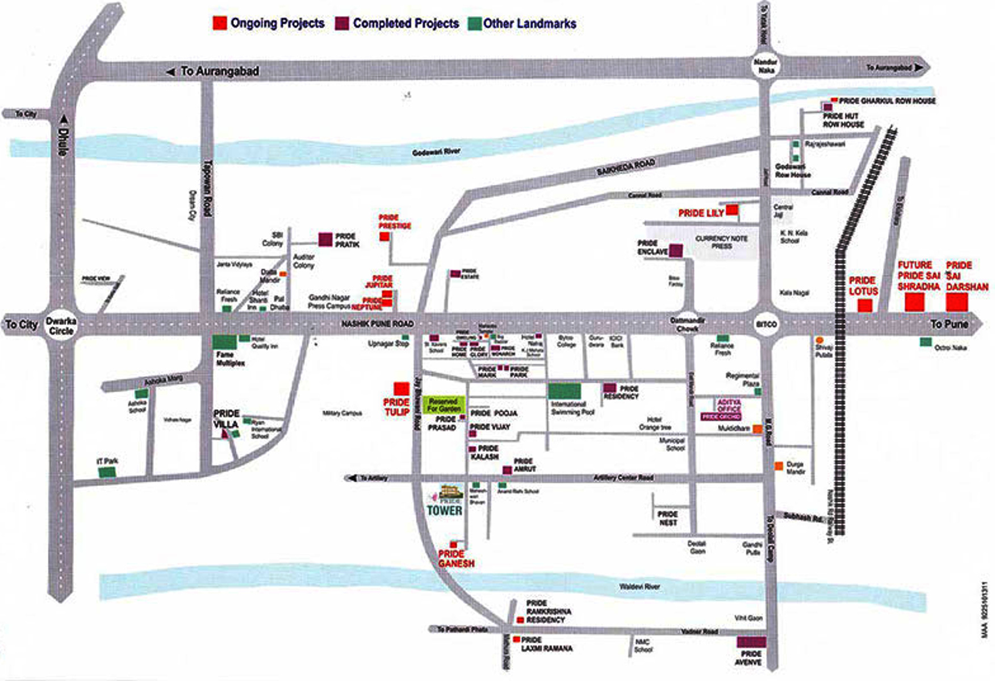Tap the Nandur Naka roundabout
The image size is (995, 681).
(x=765, y=66)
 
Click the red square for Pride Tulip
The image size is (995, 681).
(x=402, y=389)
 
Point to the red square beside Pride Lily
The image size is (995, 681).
(x=733, y=210)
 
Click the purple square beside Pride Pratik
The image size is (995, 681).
(x=325, y=239)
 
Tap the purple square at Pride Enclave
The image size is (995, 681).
(x=675, y=250)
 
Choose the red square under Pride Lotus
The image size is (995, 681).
(x=864, y=305)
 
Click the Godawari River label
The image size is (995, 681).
(x=436, y=152)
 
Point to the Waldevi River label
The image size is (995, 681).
(x=639, y=586)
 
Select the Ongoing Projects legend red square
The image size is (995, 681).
(x=220, y=23)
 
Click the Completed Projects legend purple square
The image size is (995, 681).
(x=342, y=24)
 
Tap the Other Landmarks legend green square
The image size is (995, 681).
(x=474, y=24)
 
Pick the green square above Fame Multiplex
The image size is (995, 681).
(x=224, y=342)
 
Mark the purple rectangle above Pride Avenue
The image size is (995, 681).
(x=751, y=642)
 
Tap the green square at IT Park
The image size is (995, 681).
(x=107, y=472)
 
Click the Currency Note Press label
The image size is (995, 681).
(x=721, y=242)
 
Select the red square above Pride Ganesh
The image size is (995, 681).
(x=453, y=545)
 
